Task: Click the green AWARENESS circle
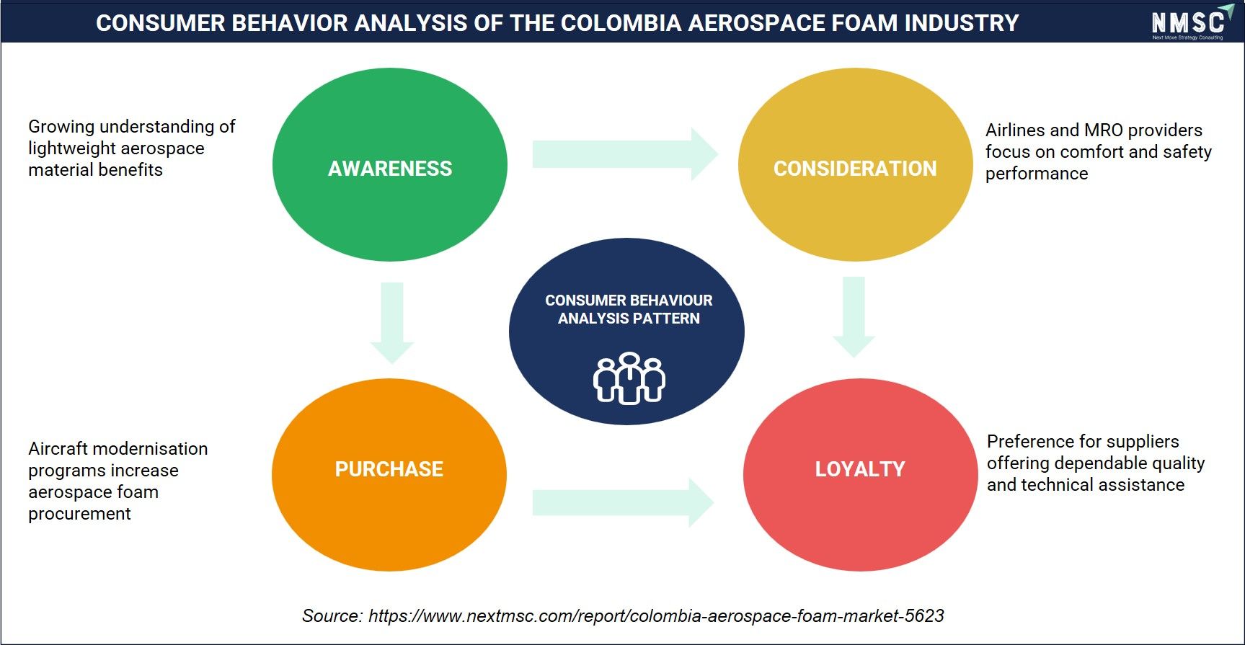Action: coord(390,164)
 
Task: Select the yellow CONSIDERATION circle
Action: coord(856,164)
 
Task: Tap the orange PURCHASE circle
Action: coord(389,475)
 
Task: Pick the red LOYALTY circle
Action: coord(860,475)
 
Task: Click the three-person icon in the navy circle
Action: coord(629,378)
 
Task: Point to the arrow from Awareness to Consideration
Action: coord(625,154)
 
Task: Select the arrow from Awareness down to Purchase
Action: coord(392,323)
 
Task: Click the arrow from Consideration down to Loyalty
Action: coord(854,317)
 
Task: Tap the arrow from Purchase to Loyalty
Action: coord(624,502)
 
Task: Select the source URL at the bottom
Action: coord(656,615)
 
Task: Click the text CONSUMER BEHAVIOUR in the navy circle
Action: coord(629,300)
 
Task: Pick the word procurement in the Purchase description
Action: coord(79,514)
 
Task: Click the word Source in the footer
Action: coord(331,615)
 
